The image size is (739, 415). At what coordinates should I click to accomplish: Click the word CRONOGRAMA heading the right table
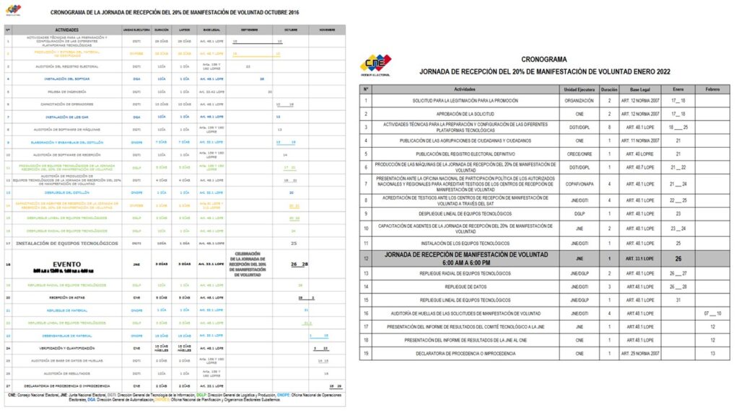543,59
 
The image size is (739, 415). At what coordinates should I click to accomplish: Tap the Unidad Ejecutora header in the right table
579,88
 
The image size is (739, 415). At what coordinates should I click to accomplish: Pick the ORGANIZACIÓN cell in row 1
579,101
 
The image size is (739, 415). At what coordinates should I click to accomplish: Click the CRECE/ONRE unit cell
579,153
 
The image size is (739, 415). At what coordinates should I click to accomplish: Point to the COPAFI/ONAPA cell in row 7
579,183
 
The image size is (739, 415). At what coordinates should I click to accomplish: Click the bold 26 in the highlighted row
678,258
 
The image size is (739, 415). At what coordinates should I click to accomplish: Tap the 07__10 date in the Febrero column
712,313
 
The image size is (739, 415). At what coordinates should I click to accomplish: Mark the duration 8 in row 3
609,127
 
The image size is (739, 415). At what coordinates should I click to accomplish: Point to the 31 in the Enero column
678,300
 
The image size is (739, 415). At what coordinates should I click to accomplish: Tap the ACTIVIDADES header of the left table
66,30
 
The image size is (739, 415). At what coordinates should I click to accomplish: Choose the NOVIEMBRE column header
327,30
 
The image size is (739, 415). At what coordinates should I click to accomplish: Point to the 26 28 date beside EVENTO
299,264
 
